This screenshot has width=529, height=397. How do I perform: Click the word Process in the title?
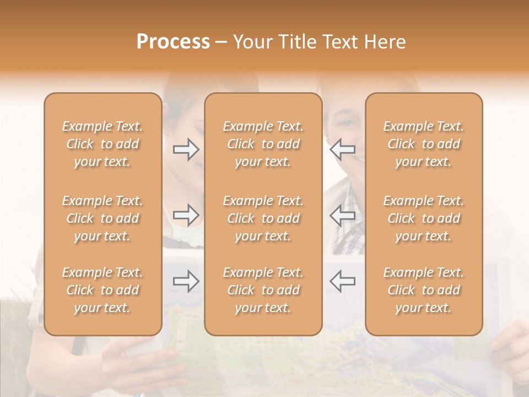coord(173,42)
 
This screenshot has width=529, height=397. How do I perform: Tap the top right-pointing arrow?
coord(186,149)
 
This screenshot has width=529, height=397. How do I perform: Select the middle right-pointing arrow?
coord(186,215)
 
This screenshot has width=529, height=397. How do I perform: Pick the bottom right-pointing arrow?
coord(186,281)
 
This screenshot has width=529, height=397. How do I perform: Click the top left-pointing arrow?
coord(343,149)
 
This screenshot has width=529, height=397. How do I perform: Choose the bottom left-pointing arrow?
coord(343,281)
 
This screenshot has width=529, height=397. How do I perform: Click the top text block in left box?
coord(102,144)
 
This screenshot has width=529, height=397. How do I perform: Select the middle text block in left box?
coord(102,218)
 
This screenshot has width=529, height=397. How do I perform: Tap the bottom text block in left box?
coord(102,290)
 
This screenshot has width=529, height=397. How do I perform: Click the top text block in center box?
coord(263,144)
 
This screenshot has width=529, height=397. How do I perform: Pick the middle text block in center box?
coord(263,218)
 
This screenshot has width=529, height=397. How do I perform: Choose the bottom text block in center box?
coord(263,290)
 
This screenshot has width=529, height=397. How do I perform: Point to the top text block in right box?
coord(424,144)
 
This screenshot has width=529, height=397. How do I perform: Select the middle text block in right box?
coord(424,218)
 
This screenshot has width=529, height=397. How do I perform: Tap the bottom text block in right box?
coord(424,290)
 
